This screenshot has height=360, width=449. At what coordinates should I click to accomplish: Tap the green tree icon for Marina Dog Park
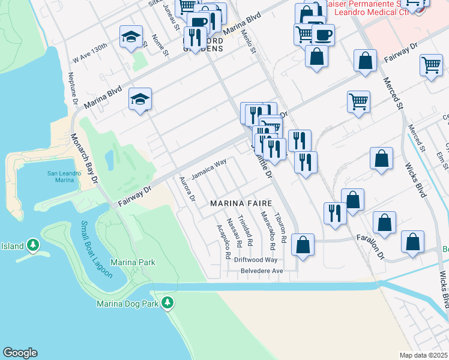(170, 303)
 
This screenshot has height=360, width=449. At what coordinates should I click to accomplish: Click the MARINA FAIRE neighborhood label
(241, 204)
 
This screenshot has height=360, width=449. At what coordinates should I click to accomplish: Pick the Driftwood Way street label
(256, 260)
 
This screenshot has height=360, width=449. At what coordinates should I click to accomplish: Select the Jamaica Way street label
(209, 169)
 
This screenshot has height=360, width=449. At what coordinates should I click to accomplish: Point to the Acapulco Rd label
(223, 242)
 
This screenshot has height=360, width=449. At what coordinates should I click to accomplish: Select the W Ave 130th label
(90, 53)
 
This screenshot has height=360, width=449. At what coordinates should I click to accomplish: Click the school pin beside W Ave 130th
(131, 36)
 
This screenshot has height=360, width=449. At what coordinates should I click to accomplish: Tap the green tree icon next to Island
(33, 245)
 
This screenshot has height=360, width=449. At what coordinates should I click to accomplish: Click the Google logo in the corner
(20, 353)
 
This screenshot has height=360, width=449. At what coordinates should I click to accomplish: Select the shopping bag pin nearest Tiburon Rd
(303, 244)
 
